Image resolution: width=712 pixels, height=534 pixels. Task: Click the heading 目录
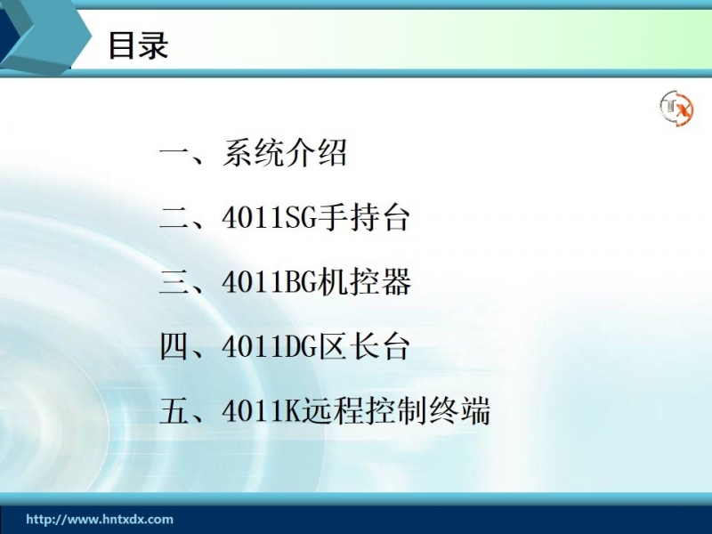(139, 45)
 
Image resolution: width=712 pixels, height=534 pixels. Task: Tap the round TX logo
(676, 108)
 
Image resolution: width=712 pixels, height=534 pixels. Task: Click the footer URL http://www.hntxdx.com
(100, 520)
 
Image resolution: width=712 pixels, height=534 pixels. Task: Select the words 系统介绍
(285, 152)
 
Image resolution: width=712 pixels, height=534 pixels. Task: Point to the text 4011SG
(269, 217)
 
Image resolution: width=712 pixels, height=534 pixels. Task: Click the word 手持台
(363, 217)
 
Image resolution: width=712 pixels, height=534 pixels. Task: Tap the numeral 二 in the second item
(174, 218)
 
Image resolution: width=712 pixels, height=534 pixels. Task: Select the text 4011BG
(269, 282)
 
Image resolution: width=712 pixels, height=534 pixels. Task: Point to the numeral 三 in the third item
(174, 282)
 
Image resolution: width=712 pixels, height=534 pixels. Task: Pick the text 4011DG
(269, 347)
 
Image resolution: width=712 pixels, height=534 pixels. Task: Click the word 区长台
(363, 347)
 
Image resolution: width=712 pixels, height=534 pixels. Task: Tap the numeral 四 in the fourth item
(174, 347)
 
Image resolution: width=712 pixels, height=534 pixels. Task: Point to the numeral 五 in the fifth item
(174, 412)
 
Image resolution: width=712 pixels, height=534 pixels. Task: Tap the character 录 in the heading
(154, 45)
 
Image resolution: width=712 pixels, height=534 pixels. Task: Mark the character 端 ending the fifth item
(475, 411)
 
